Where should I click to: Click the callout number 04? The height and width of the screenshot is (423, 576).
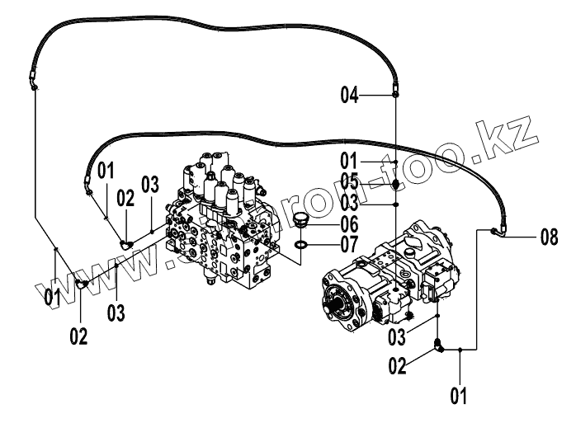[x=351, y=96]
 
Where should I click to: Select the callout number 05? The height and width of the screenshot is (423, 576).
[x=351, y=181]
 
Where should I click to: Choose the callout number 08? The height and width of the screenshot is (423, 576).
[x=550, y=238]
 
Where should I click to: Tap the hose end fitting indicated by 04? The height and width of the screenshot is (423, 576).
[x=396, y=95]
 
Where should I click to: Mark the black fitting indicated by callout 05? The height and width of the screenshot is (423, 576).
[x=396, y=184]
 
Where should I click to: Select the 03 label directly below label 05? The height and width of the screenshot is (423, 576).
[x=351, y=202]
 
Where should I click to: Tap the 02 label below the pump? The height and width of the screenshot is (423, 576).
[x=398, y=364]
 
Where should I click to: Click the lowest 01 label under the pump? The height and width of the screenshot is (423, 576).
[x=459, y=395]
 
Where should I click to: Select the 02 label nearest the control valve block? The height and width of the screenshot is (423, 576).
[x=125, y=198]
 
